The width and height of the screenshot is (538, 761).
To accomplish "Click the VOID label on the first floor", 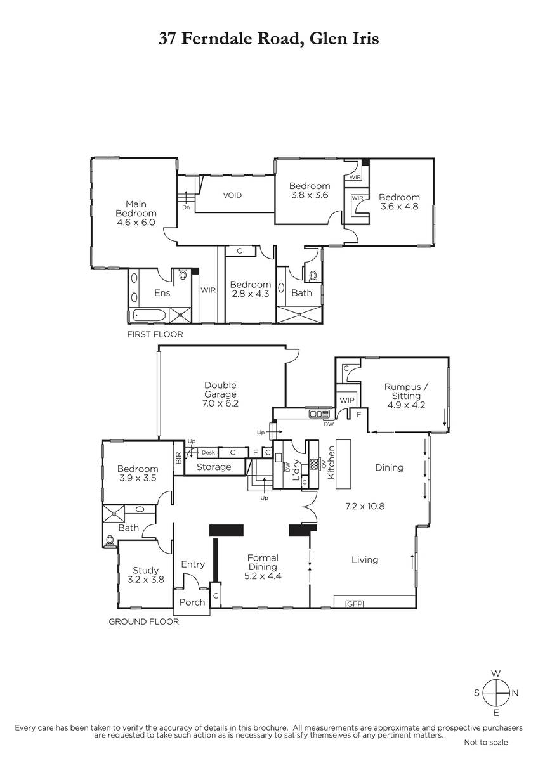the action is pyautogui.click(x=232, y=195).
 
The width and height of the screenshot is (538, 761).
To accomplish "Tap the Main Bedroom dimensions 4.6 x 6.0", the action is pyautogui.click(x=136, y=223).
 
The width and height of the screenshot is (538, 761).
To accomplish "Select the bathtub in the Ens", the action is pyautogui.click(x=150, y=315).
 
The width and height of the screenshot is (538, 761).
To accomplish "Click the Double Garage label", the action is pyautogui.click(x=220, y=389).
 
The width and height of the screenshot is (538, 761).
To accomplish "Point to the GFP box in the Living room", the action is pyautogui.click(x=354, y=604).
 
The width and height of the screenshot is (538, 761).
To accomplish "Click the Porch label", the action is pyautogui.click(x=192, y=602).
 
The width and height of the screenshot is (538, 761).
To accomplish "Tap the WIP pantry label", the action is pyautogui.click(x=346, y=400).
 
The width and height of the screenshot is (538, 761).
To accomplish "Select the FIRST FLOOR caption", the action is pyautogui.click(x=155, y=334).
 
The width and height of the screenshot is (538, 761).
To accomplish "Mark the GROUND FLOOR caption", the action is pyautogui.click(x=143, y=621).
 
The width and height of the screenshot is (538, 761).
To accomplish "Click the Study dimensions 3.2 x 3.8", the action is pyautogui.click(x=145, y=580).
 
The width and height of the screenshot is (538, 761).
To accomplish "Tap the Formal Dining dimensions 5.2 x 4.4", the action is pyautogui.click(x=263, y=576).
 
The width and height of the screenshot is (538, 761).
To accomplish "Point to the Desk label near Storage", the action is pyautogui.click(x=208, y=453).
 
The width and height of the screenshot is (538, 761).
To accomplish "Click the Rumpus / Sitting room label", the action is pyautogui.click(x=406, y=391).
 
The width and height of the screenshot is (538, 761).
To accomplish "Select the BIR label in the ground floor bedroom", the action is pyautogui.click(x=179, y=458).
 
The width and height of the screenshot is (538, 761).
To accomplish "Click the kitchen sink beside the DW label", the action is pyautogui.click(x=319, y=413).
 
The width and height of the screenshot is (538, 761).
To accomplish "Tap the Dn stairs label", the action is pyautogui.click(x=186, y=207).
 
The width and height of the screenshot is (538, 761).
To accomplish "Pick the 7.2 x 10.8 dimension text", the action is pyautogui.click(x=365, y=506).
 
